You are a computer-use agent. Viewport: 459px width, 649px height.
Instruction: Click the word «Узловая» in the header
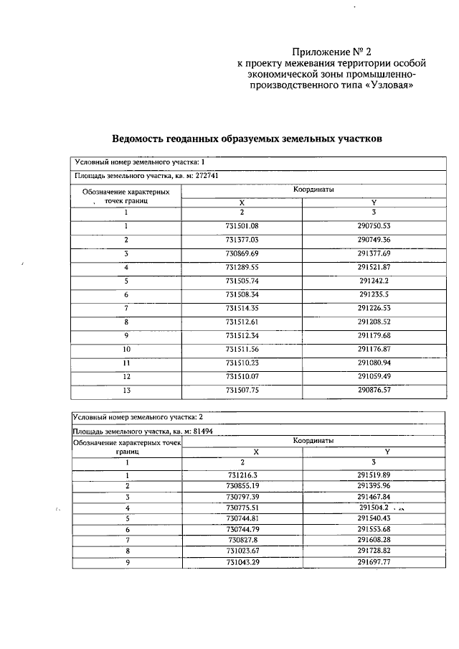pyautogui.click(x=388, y=84)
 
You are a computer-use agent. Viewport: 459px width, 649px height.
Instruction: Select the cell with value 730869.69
pyautogui.click(x=242, y=253)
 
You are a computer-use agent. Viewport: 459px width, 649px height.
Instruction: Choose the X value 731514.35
pyautogui.click(x=242, y=308)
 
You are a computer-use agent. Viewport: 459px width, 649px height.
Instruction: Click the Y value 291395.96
pyautogui.click(x=374, y=485)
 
